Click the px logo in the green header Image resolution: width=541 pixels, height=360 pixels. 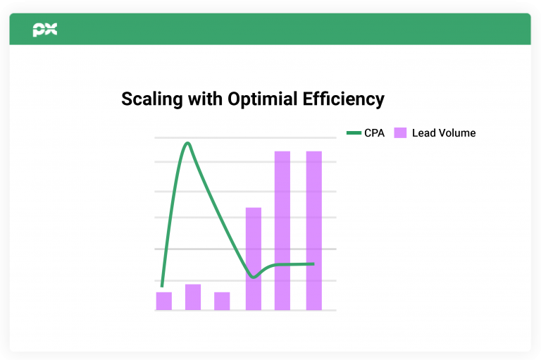tap(45, 30)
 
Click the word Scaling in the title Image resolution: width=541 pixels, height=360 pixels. tap(152, 99)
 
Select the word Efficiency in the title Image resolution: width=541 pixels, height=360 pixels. tap(344, 99)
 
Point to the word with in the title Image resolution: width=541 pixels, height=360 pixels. tap(205, 99)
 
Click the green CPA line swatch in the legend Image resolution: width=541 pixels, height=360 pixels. tap(354, 133)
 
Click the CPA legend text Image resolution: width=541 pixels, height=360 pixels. tap(374, 133)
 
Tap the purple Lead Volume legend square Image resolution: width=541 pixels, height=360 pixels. tap(400, 133)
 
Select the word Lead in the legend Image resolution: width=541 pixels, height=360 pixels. tap(423, 133)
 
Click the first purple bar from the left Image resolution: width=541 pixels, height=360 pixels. tap(164, 301)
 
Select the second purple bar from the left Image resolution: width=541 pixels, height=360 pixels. tap(193, 297)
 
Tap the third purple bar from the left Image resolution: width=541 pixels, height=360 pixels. tap(222, 301)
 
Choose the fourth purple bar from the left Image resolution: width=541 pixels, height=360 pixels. tap(254, 259)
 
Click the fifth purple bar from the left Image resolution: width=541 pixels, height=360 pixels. tap(282, 230)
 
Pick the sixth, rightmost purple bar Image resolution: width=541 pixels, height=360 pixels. tap(314, 230)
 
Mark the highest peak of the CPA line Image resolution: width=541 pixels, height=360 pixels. tap(187, 143)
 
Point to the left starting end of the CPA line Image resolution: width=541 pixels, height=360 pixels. tap(162, 286)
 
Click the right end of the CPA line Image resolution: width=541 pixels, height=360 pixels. tap(313, 264)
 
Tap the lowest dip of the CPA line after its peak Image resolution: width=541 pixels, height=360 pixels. tap(254, 277)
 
